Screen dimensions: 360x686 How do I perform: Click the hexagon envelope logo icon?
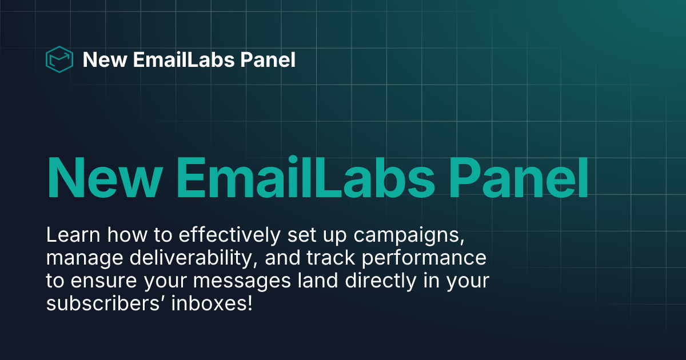(59, 59)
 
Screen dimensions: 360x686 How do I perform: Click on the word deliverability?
(190, 258)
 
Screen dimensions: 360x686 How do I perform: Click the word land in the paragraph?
(313, 281)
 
